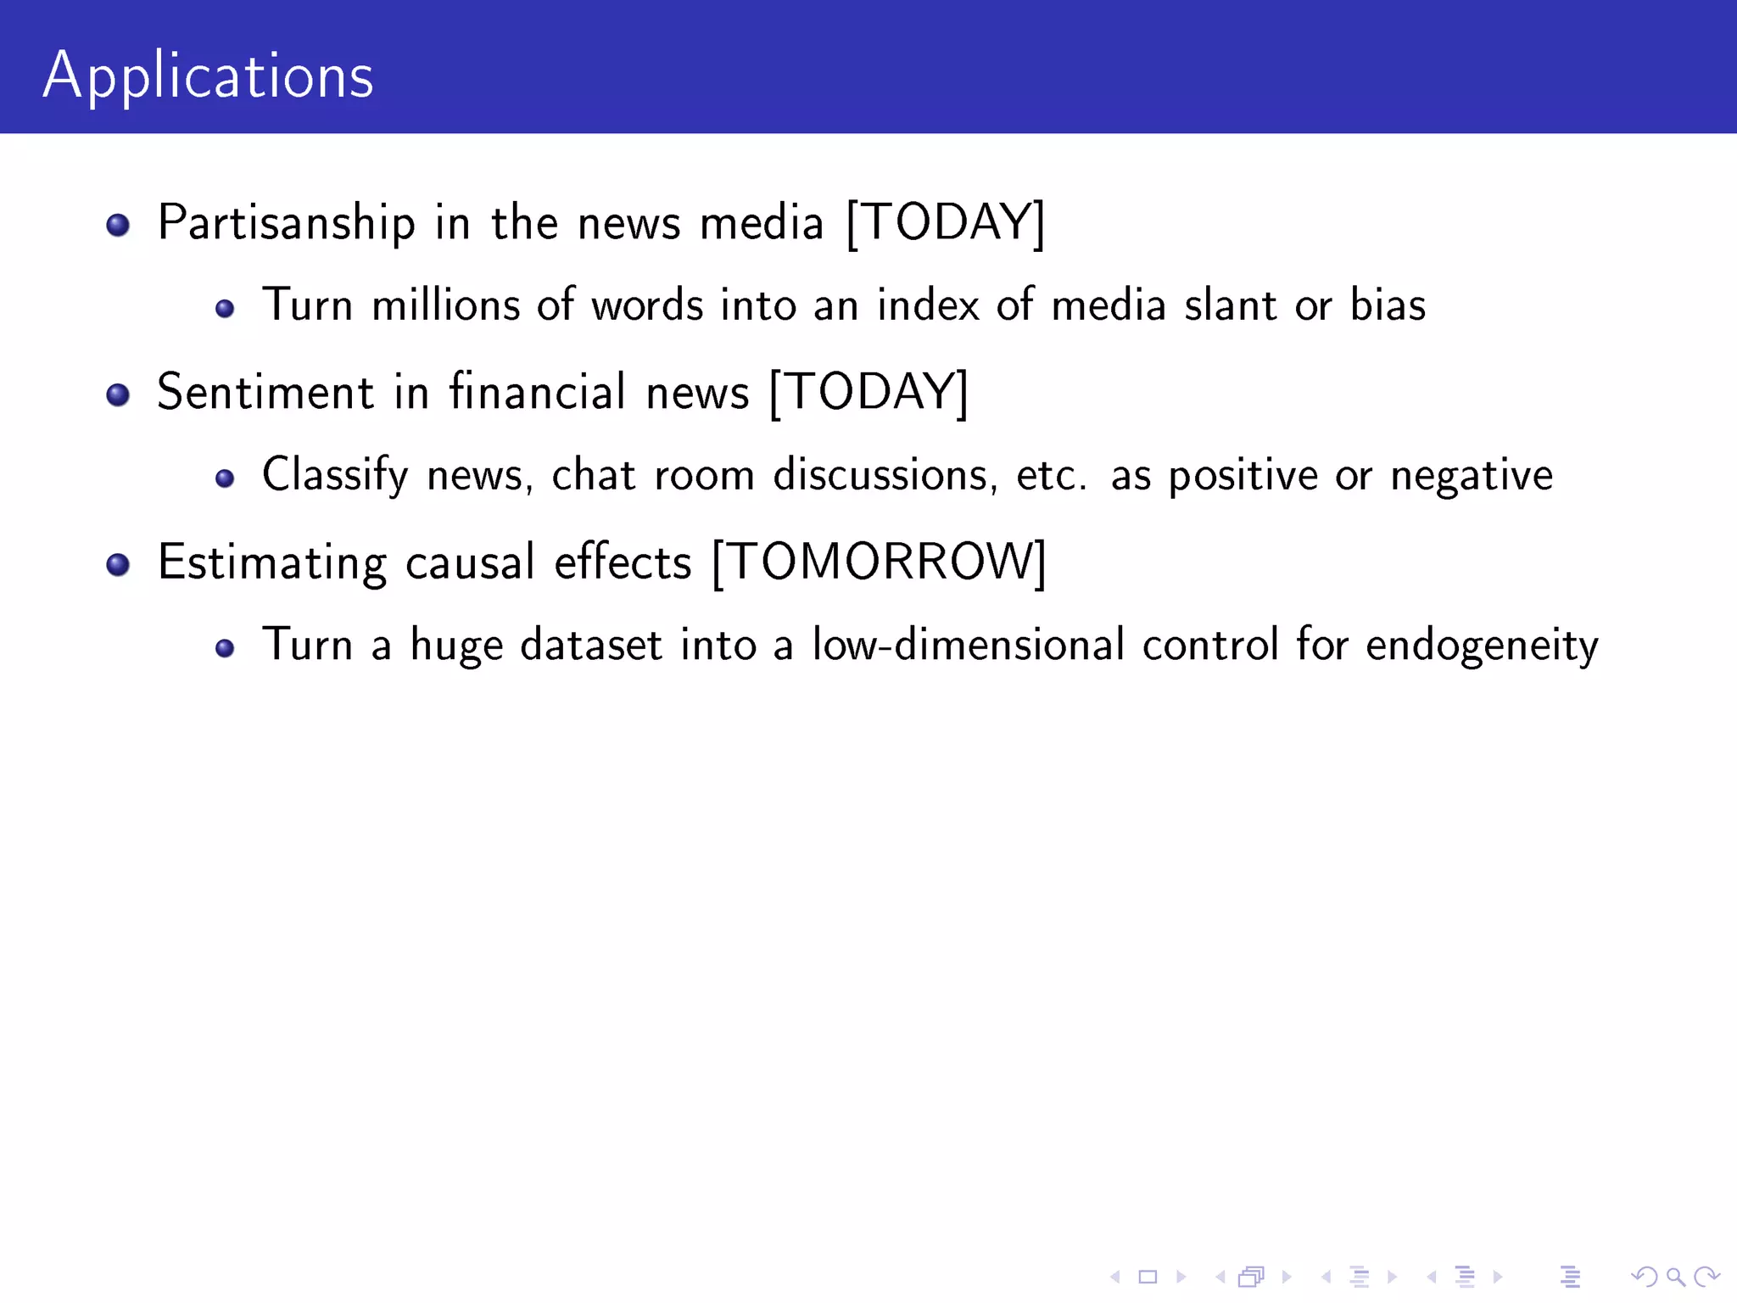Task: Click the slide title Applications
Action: pos(208,76)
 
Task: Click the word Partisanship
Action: pos(287,224)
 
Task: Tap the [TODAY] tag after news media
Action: pos(946,223)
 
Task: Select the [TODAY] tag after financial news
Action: pos(868,393)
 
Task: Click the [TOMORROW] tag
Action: pos(880,562)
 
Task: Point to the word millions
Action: pos(445,305)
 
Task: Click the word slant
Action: pos(1230,305)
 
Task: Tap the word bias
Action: pos(1388,305)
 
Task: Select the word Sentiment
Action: pos(265,393)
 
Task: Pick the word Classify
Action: pos(335,475)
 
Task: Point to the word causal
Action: pos(470,562)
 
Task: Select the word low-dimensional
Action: pos(968,645)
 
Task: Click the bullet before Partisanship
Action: pos(118,225)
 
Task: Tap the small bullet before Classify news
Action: pos(225,478)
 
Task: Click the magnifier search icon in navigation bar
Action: pos(1675,1277)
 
